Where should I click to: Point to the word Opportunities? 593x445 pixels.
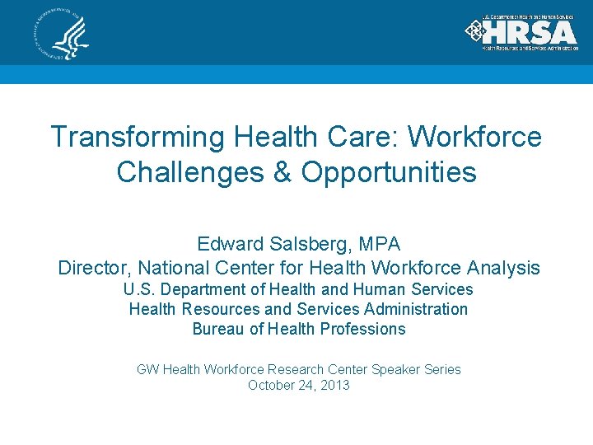pos(389,172)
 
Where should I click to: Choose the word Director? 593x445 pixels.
pos(93,269)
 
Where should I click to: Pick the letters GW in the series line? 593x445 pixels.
pos(147,369)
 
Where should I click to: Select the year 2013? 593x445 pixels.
pos(335,385)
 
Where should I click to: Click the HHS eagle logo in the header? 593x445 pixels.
pos(62,34)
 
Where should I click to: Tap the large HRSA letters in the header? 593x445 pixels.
pos(530,31)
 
